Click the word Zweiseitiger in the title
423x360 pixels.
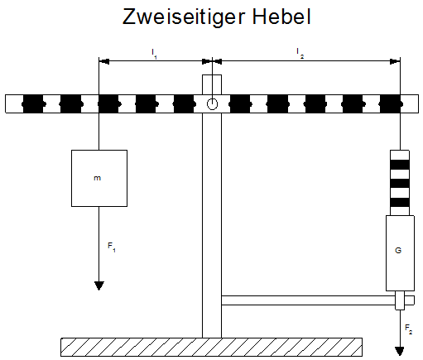click(183, 17)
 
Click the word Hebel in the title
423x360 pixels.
click(281, 17)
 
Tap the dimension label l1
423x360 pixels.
click(154, 54)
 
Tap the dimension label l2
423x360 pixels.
click(300, 53)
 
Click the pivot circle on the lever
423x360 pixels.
click(212, 104)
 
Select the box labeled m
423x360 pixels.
click(99, 178)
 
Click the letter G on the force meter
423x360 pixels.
click(398, 250)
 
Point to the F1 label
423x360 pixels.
click(112, 247)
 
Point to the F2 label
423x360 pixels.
click(408, 329)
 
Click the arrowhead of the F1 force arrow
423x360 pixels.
click(99, 286)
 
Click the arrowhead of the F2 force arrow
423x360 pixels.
click(400, 351)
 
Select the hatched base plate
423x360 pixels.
click(211, 347)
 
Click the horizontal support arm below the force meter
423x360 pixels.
click(318, 300)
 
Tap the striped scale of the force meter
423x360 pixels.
click(400, 183)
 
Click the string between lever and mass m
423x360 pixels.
click(99, 132)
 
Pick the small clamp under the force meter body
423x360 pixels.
click(400, 300)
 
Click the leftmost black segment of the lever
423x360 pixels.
click(33, 104)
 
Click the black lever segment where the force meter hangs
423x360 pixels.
click(391, 104)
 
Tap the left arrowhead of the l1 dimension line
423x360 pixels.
click(104, 61)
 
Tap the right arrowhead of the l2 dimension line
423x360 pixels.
click(395, 61)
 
